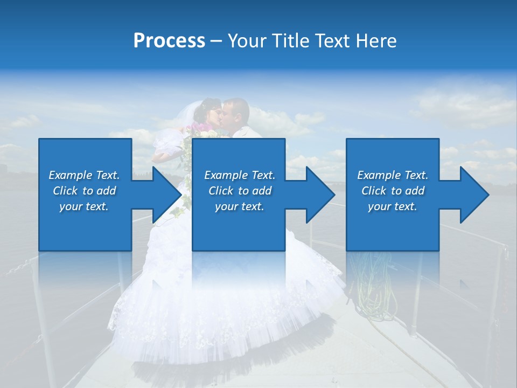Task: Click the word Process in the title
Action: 169,41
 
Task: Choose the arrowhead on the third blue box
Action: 472,195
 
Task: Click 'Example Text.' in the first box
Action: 84,175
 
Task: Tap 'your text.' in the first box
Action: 84,206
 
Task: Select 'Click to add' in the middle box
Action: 240,191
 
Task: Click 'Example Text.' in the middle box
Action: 240,175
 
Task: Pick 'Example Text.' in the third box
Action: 393,175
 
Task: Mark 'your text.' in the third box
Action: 393,206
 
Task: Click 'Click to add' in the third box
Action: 393,191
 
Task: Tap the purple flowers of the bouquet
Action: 199,128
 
